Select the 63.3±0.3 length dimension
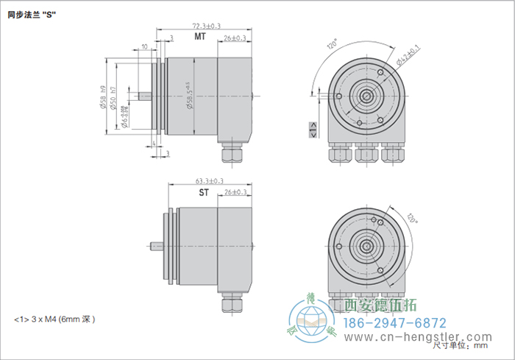coord(210,180)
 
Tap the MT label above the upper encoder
coord(199,37)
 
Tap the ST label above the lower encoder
coord(204,193)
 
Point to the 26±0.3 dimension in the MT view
coord(235,38)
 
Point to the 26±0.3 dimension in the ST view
coord(235,193)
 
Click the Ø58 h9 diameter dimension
coord(102,95)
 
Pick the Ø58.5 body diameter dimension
coord(191,96)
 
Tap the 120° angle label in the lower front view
coord(411,219)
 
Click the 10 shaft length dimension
coord(143,46)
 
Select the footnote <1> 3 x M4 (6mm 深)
coord(55,320)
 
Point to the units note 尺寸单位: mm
coord(460,345)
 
